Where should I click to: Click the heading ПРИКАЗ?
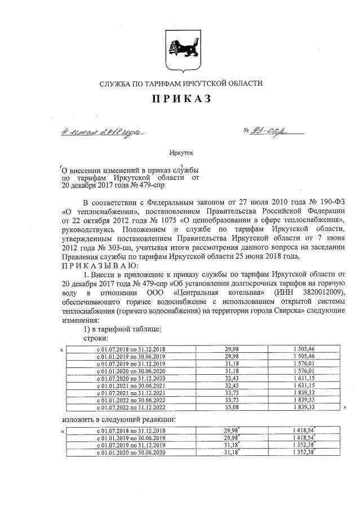click(180, 100)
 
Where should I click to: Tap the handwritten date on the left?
click(103, 133)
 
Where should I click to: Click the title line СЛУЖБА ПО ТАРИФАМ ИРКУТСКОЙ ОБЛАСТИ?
click(180, 83)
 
